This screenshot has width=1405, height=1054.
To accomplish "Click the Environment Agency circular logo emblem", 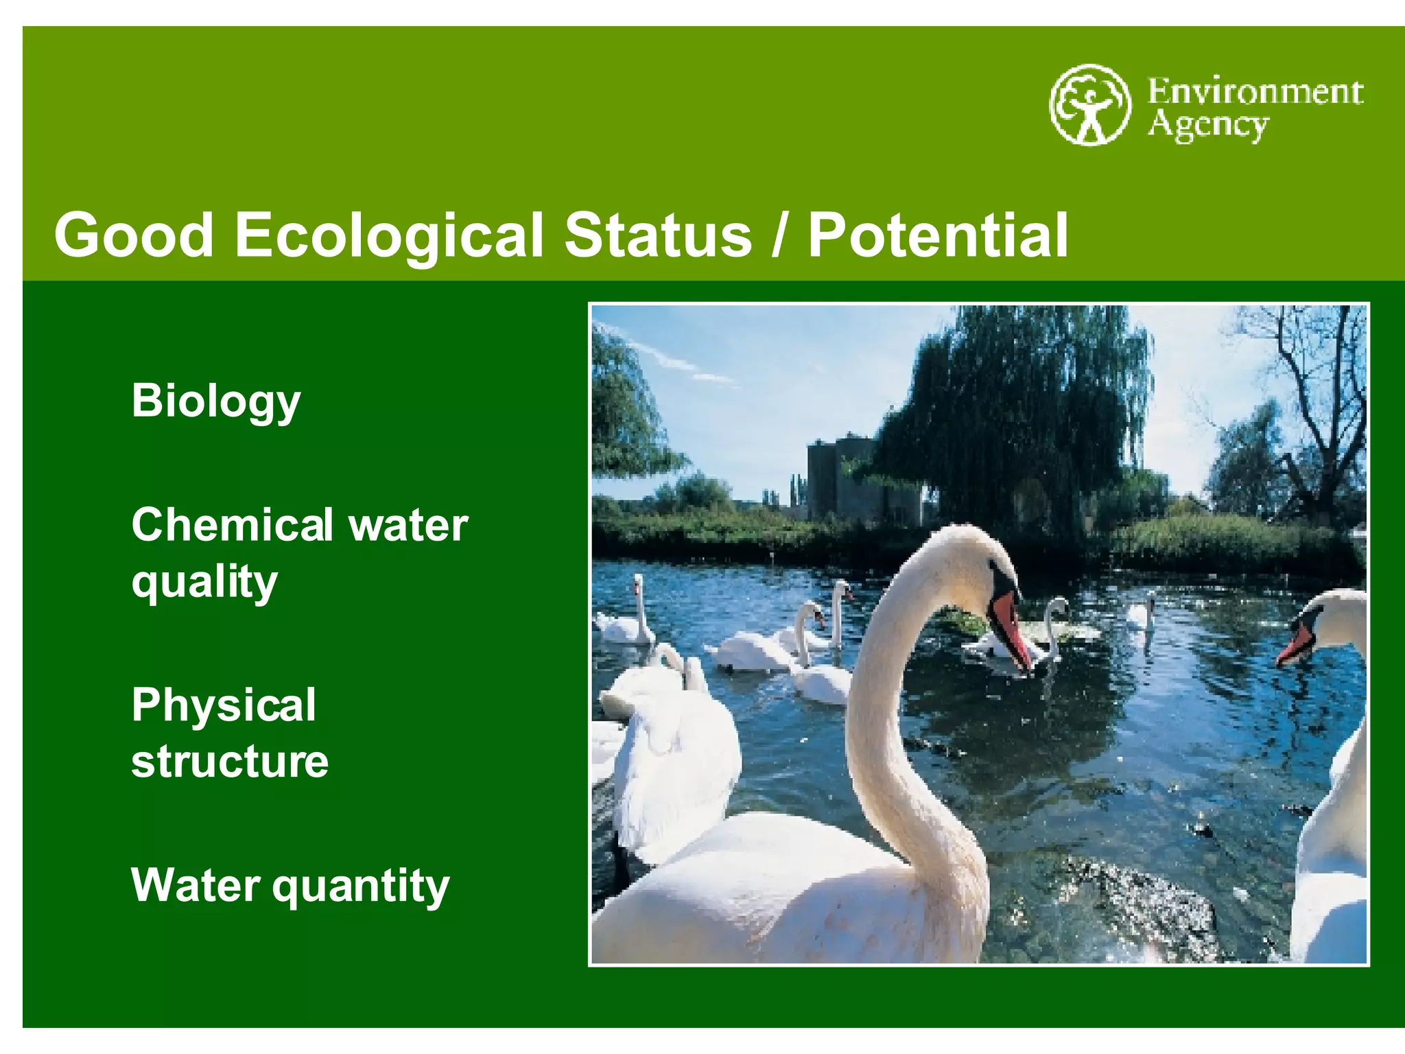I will [x=1089, y=104].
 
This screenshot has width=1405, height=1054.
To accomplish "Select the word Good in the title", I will [x=134, y=235].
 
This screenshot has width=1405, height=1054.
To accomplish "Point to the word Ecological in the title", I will [x=389, y=235].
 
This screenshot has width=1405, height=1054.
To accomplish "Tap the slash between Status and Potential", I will [x=779, y=235].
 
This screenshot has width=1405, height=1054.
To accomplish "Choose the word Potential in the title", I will [x=938, y=235].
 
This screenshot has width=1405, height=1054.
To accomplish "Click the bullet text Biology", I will [x=215, y=401].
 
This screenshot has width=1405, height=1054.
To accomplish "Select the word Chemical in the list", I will [x=233, y=525].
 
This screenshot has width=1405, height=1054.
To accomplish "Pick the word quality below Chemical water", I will [x=204, y=582].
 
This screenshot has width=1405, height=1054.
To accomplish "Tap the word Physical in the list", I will [x=224, y=705].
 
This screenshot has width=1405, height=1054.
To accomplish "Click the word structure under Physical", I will [x=230, y=761].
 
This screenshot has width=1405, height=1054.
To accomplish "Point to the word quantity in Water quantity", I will [x=361, y=886].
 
